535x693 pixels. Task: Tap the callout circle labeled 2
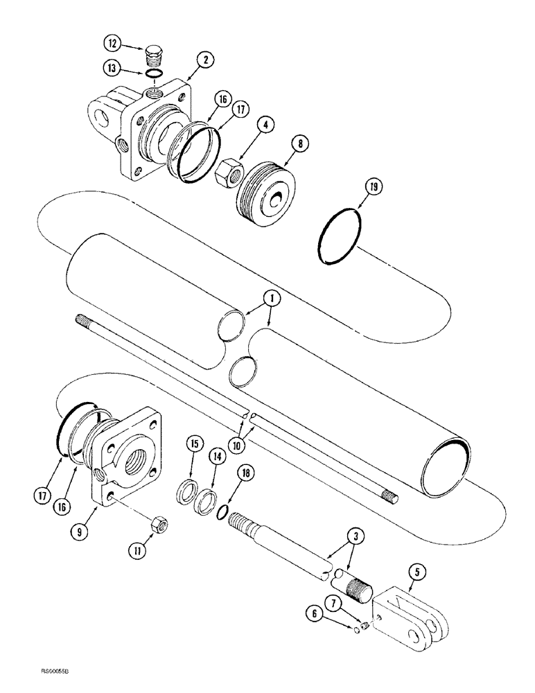(x=202, y=60)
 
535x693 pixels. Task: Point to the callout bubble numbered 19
(x=367, y=186)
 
